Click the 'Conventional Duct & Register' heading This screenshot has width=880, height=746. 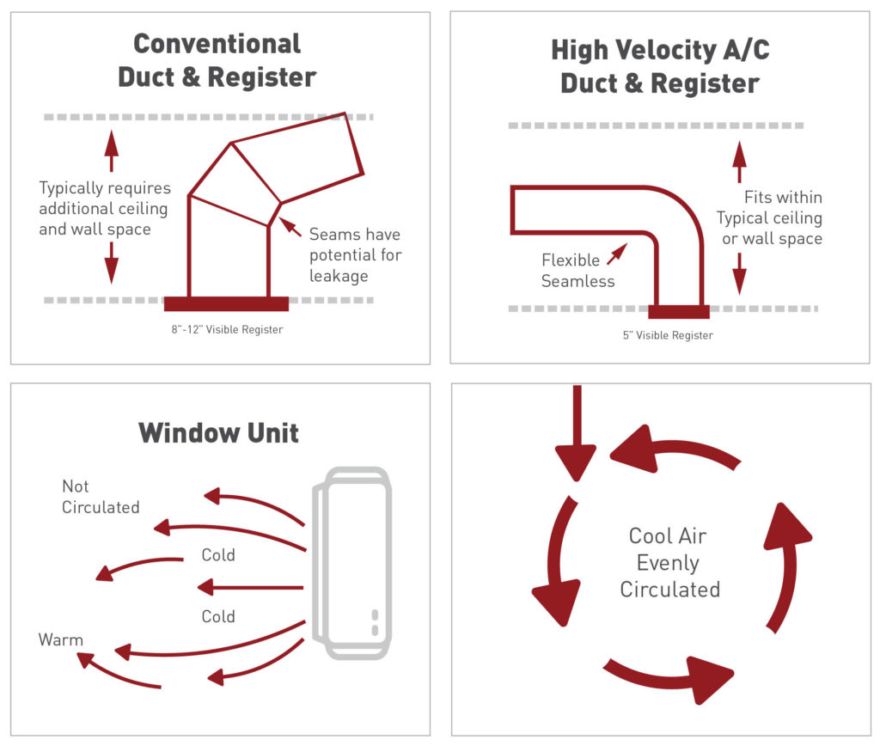coord(217,60)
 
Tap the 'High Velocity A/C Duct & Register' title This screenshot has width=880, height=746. coord(660,66)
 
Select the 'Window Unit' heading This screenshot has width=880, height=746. coord(218,431)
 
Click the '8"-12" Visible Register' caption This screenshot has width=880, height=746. coord(226,328)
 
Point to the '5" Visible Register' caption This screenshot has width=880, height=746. coord(668,335)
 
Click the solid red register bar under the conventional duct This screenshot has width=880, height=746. coord(226,303)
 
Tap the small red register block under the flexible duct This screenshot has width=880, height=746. coord(678,311)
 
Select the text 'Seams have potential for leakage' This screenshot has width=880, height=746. coord(355,254)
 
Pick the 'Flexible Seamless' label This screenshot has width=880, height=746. coord(577,270)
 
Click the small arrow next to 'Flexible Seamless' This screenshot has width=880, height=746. coord(616,253)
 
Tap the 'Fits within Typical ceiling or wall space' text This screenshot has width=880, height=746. coord(771,217)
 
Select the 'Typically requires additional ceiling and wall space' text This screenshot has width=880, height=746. coord(104,208)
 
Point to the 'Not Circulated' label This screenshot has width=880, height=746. coord(100,497)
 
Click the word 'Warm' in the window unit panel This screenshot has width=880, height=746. coord(61,640)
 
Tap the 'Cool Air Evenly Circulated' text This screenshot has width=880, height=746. coord(669,562)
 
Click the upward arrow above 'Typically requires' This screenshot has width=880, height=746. coord(111,152)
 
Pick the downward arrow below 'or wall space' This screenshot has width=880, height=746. coord(739,274)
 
